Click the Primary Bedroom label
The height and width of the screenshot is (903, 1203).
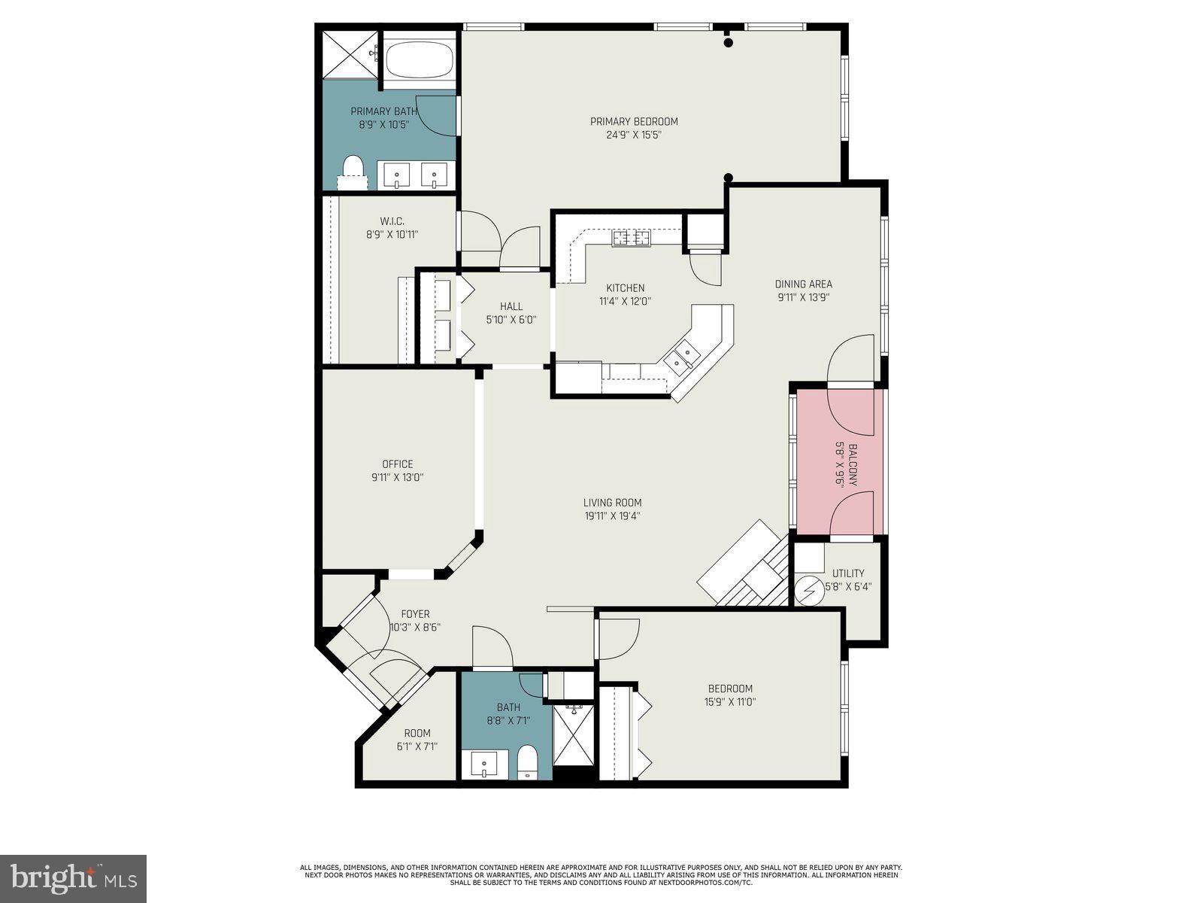(x=634, y=122)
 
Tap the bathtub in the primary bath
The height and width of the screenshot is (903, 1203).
(x=420, y=60)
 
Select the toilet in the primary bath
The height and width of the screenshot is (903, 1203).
(x=353, y=169)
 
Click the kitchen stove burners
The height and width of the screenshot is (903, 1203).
(x=631, y=239)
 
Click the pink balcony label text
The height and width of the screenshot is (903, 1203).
(x=853, y=466)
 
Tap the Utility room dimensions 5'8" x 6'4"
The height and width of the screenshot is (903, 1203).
(x=848, y=586)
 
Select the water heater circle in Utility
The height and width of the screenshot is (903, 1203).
(x=809, y=591)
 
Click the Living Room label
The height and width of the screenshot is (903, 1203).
(x=612, y=503)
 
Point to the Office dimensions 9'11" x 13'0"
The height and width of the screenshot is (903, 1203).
(x=397, y=477)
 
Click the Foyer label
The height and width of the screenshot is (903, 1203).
(x=415, y=614)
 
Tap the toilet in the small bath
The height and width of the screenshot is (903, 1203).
(x=527, y=762)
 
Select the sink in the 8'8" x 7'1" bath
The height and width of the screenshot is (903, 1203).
(x=484, y=765)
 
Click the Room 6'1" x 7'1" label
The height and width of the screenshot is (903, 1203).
(x=417, y=733)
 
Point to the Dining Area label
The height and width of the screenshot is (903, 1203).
(x=803, y=284)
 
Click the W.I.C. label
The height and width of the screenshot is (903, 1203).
(x=392, y=221)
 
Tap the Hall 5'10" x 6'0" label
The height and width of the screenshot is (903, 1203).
(x=511, y=306)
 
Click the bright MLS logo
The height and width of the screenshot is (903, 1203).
(x=73, y=879)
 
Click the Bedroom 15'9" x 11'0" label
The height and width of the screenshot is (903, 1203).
(x=730, y=689)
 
